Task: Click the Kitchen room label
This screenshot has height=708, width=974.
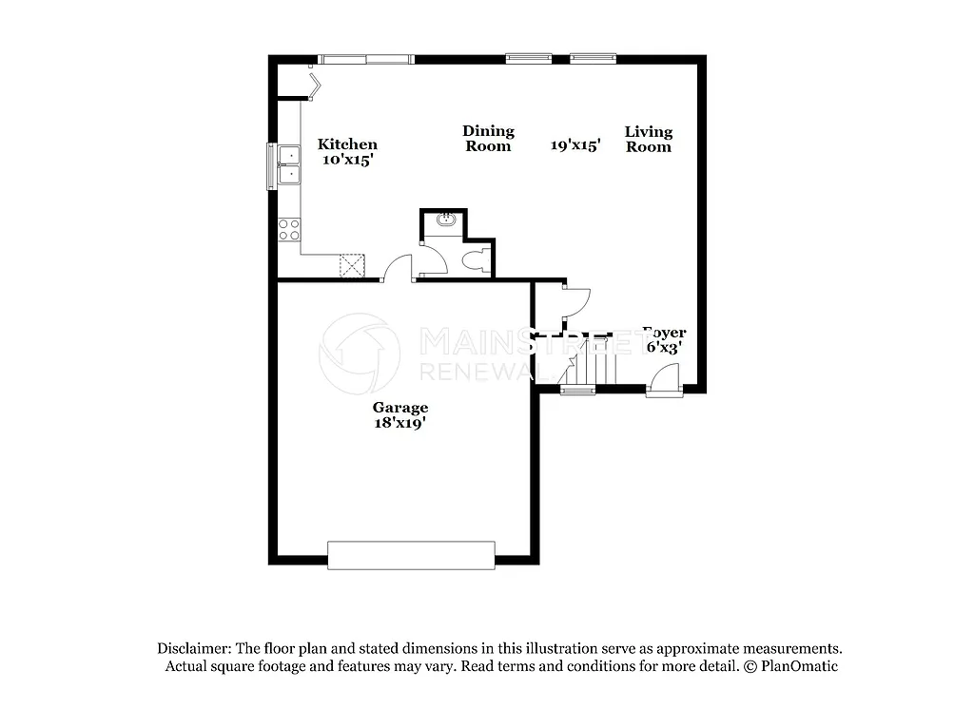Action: tap(347, 144)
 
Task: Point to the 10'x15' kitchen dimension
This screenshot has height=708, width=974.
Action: tap(347, 160)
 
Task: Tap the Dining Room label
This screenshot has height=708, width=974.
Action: tap(488, 139)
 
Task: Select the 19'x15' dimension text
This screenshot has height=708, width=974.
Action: tap(575, 145)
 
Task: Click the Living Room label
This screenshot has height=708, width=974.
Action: tap(648, 139)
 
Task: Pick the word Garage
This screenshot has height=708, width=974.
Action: tap(399, 408)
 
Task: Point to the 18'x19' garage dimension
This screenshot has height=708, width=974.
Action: tap(399, 423)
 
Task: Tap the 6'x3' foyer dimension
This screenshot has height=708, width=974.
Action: tap(663, 348)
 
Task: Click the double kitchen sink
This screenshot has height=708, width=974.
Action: tap(287, 164)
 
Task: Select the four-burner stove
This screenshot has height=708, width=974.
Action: tap(288, 229)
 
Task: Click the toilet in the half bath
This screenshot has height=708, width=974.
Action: tap(476, 259)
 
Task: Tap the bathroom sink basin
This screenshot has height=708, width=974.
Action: tap(445, 221)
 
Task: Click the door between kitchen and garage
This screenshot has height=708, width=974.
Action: tap(397, 268)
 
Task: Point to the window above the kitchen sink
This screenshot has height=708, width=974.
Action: tap(271, 164)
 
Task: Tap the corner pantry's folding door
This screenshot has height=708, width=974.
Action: tap(314, 84)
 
